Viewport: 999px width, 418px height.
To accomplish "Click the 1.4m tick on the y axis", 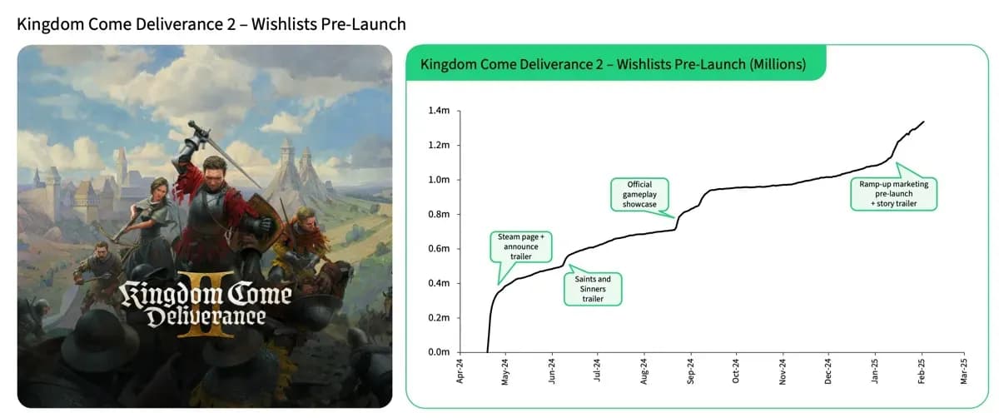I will pos(440,110).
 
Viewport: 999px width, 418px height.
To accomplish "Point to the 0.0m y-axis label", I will pos(440,352).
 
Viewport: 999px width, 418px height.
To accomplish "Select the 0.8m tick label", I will pos(440,214).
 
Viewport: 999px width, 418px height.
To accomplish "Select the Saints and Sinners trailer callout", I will pos(593,288).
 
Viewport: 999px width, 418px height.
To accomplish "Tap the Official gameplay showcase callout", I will pos(639,194).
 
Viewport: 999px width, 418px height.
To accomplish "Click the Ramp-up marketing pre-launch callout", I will pos(894,193).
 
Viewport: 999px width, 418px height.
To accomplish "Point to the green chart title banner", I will pos(614,64).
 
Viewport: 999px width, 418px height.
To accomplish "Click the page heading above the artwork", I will pos(211,23).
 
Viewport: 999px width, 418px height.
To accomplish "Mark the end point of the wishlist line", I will pos(923,122).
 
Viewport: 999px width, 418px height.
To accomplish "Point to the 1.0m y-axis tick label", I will pos(440,179).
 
